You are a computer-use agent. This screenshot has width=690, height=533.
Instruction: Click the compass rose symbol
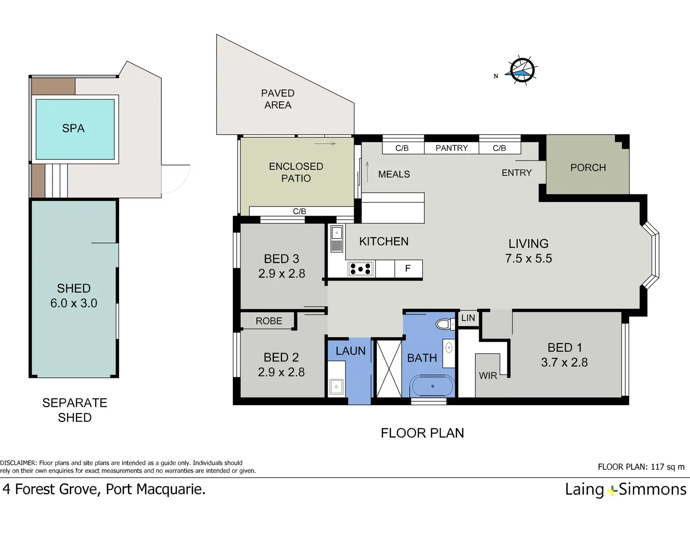point(522,70)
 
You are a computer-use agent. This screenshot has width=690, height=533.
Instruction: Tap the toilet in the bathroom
point(445,324)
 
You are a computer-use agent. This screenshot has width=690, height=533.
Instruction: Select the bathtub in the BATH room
point(433,386)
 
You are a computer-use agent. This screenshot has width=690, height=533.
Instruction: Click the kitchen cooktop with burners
point(361,269)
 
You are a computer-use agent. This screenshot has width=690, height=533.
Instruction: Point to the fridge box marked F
point(408,269)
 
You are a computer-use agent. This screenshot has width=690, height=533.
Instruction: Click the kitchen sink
point(337,239)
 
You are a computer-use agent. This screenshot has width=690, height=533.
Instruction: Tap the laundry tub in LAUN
point(336,387)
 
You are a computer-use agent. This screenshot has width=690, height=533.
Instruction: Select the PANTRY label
point(451,148)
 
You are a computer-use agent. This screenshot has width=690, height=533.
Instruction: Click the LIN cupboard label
point(468,318)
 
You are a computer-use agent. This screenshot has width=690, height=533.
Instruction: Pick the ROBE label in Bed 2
point(269,321)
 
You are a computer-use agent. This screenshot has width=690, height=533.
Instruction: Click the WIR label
point(487,375)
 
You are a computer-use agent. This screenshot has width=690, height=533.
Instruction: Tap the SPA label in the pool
point(73,128)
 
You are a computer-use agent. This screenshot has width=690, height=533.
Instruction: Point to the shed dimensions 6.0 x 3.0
point(74,303)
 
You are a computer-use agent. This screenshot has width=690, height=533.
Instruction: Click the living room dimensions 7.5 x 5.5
point(528,258)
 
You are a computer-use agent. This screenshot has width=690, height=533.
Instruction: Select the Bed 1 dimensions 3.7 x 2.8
point(564,362)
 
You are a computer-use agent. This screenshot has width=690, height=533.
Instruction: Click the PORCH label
point(588,168)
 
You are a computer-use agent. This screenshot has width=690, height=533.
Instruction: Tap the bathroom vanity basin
point(449,348)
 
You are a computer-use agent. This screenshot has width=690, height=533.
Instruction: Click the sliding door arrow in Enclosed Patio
point(325,144)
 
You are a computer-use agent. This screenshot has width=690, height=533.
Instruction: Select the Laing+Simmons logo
point(625,489)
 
